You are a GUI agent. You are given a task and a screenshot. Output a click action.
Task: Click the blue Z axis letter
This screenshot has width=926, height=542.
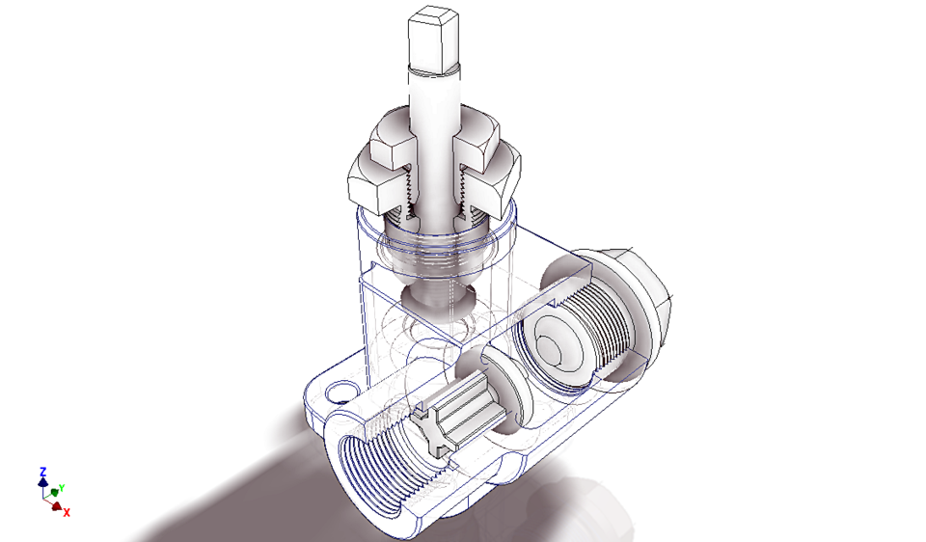(42, 472)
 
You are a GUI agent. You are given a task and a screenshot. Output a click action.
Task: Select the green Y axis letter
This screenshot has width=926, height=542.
(61, 489)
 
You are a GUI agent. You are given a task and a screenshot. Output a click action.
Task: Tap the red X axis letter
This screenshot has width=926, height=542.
(67, 512)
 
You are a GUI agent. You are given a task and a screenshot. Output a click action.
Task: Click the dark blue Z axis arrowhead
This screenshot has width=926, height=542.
(42, 481)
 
